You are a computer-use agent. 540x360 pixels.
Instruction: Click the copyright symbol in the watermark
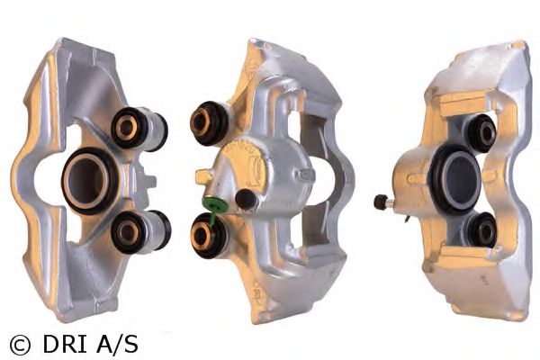tap(19, 343)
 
